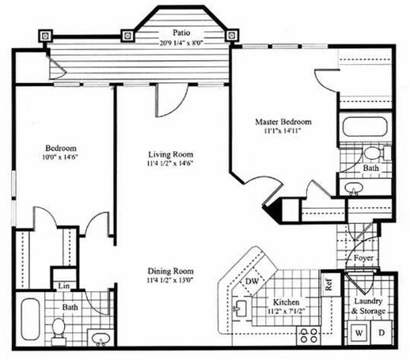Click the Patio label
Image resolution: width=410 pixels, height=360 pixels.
pos(181,32)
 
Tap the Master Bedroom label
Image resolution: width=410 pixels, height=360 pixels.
pos(283,122)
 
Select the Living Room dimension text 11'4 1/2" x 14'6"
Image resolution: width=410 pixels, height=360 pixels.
pos(170,163)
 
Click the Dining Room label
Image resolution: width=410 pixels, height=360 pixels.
pos(171,271)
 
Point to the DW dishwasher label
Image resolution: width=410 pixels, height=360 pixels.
pos(252,282)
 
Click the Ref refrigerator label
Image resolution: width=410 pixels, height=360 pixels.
pos(328,285)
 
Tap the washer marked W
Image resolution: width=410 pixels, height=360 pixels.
pos(359,333)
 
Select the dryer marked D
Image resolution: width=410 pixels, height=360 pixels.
pos(382,333)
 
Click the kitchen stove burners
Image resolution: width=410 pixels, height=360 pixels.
pos(309,335)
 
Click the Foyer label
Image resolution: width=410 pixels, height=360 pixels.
pos(363,258)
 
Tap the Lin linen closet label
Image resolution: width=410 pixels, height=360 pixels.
pos(64,286)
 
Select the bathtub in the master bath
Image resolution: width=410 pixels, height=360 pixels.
pos(365,127)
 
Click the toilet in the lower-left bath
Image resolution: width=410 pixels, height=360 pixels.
pos(59,331)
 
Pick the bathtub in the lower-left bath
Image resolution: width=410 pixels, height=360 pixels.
pos(30,319)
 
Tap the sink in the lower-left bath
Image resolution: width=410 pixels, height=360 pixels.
pos(101,339)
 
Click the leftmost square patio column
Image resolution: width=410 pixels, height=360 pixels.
pos(46,36)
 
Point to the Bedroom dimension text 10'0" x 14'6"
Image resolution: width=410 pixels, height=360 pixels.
pos(60,157)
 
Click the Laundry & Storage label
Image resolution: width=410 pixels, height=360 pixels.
pos(368,306)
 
